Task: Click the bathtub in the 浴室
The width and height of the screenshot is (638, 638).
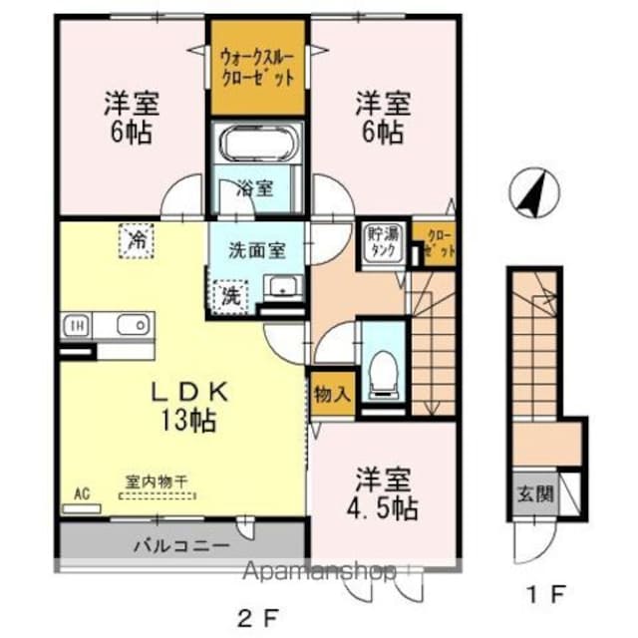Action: [x=257, y=144]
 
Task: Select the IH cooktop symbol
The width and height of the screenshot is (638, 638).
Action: [x=77, y=326]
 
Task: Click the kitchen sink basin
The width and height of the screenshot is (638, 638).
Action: [x=133, y=326]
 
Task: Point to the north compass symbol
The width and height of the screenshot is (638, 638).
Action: [x=534, y=192]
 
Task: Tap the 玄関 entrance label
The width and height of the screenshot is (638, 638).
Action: [x=534, y=493]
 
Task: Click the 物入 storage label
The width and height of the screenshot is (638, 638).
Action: [x=332, y=394]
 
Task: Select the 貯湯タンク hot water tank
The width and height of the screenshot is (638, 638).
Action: [x=382, y=244]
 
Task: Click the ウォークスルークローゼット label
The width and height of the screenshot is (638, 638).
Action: [x=257, y=68]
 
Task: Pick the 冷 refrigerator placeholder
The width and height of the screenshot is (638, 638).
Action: [x=137, y=240]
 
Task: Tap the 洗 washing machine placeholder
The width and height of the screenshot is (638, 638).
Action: [x=230, y=297]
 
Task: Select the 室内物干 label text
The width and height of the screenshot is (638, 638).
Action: [x=156, y=482]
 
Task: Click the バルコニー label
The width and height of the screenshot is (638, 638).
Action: [x=181, y=545]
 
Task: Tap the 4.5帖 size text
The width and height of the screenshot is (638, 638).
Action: [x=382, y=507]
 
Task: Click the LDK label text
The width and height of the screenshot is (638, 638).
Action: [x=189, y=392]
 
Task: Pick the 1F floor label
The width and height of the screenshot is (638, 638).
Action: [x=546, y=595]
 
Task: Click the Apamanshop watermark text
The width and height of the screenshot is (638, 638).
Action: [x=319, y=571]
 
